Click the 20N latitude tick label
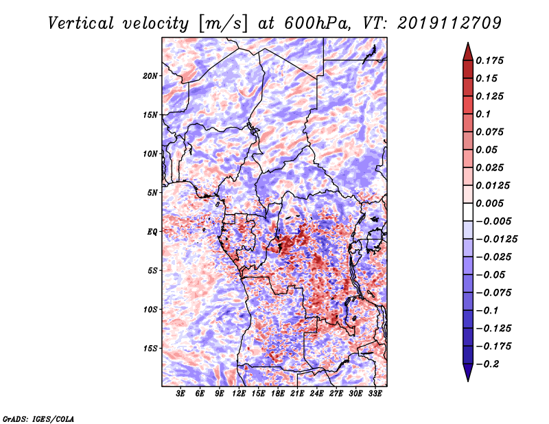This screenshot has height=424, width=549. point(150,76)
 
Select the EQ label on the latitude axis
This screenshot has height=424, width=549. point(152,232)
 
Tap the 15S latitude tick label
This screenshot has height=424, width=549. point(150,349)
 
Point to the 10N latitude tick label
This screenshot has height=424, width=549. point(150,154)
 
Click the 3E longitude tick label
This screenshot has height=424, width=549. point(180,393)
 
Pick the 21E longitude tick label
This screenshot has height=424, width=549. point(297,393)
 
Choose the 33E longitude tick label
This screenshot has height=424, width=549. point(375,393)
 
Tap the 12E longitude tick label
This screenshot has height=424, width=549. point(238,393)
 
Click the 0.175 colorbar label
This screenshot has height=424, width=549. point(489,60)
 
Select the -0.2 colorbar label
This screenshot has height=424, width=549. point(487,364)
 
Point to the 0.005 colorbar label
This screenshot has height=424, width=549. point(489,203)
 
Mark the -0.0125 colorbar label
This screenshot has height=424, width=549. point(496,239)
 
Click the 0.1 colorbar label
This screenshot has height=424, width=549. point(483,114)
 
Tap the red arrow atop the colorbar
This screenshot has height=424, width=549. point(468,51)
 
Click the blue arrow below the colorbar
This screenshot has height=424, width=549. point(468,373)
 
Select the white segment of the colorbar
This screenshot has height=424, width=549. point(468,212)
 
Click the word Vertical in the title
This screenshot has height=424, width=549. point(81,23)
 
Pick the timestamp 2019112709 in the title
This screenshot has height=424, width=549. point(449,23)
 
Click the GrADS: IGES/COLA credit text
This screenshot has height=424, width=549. point(38,419)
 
